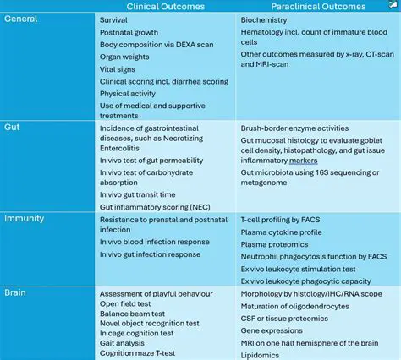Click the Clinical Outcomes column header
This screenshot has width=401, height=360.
point(166,7)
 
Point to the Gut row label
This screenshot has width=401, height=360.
point(13,125)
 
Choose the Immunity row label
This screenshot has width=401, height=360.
point(25,217)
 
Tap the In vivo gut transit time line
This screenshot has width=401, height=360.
point(143,194)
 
